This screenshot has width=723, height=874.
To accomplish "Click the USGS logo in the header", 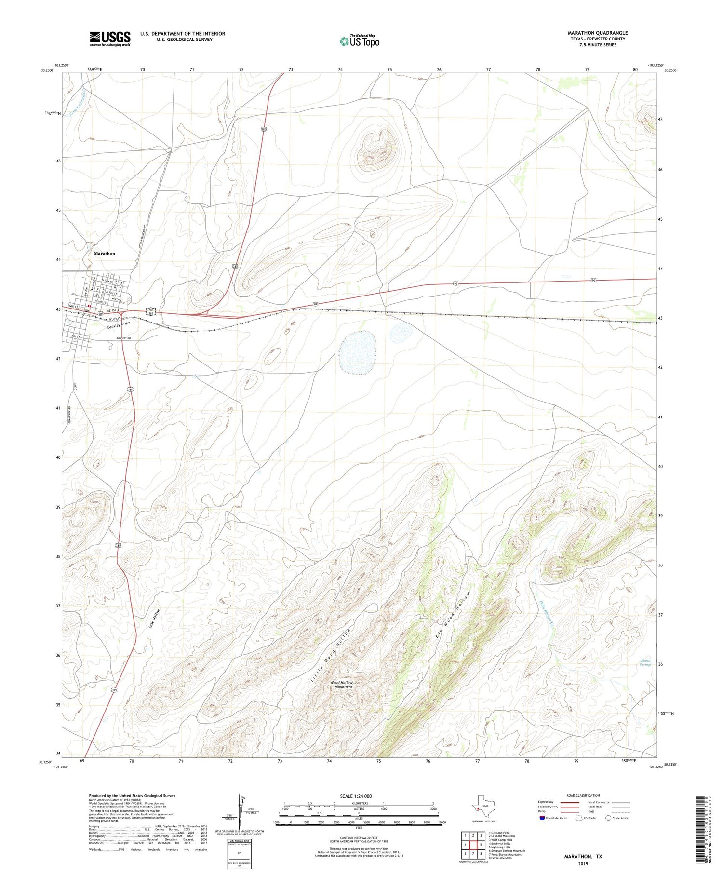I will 110,39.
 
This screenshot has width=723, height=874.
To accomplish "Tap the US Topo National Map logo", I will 359,41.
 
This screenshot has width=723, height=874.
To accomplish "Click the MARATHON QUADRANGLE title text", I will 597,33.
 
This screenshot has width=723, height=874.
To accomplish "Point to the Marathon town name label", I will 104,253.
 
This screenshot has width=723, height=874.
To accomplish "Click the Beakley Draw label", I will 118,325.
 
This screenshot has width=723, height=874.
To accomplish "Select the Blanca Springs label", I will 645,663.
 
